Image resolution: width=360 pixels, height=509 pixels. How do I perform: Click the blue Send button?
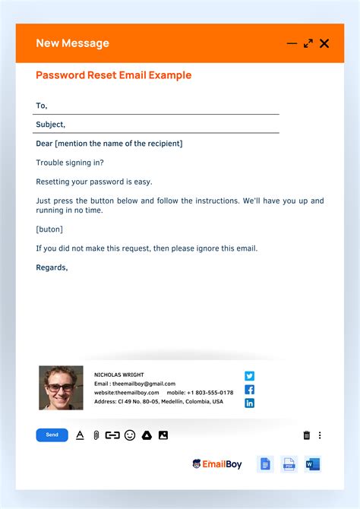[x=52, y=435]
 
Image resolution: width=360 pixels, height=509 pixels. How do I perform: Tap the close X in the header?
[x=324, y=43]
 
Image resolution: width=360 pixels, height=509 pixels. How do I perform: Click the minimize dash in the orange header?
[x=292, y=43]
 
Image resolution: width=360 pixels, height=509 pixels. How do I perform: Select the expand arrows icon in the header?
[x=308, y=43]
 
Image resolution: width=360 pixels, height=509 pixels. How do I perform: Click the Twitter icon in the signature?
[x=249, y=375]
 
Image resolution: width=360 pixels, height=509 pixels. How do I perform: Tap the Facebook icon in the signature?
[x=249, y=389]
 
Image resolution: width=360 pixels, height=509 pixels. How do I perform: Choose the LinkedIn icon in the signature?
[x=249, y=403]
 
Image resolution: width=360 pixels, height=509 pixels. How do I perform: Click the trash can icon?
[x=307, y=435]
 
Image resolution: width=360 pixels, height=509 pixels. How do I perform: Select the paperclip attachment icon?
[x=96, y=435]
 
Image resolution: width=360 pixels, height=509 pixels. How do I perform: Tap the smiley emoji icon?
[x=130, y=435]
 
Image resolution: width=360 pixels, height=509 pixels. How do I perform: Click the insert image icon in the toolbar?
[x=163, y=435]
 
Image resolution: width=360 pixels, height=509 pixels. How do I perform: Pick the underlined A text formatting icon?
[x=80, y=435]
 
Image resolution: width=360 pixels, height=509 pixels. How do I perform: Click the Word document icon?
[x=313, y=464]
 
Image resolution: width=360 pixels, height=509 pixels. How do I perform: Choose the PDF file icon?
[x=289, y=464]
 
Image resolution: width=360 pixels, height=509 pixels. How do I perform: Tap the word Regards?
[x=52, y=267]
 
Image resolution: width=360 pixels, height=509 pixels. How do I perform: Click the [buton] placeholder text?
[x=49, y=229]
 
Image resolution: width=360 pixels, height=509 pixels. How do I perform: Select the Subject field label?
[x=50, y=125]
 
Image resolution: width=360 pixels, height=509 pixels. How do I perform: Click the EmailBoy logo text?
[x=223, y=464]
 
